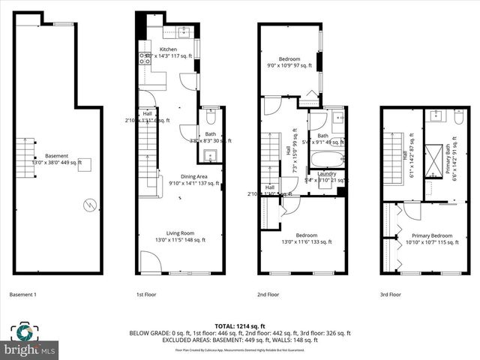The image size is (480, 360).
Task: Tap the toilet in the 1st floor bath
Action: (x=210, y=117)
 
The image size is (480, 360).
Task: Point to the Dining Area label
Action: (x=184, y=177)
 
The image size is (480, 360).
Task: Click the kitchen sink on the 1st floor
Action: (x=183, y=31)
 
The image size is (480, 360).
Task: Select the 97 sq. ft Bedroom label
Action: (x=289, y=59)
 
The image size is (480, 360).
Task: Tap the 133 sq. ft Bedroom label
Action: (x=294, y=235)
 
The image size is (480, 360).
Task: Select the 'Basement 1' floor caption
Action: (x=22, y=295)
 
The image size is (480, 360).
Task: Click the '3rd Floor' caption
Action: (x=391, y=295)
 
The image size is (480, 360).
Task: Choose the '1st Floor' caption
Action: (x=145, y=295)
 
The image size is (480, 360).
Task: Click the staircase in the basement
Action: (x=26, y=157)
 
